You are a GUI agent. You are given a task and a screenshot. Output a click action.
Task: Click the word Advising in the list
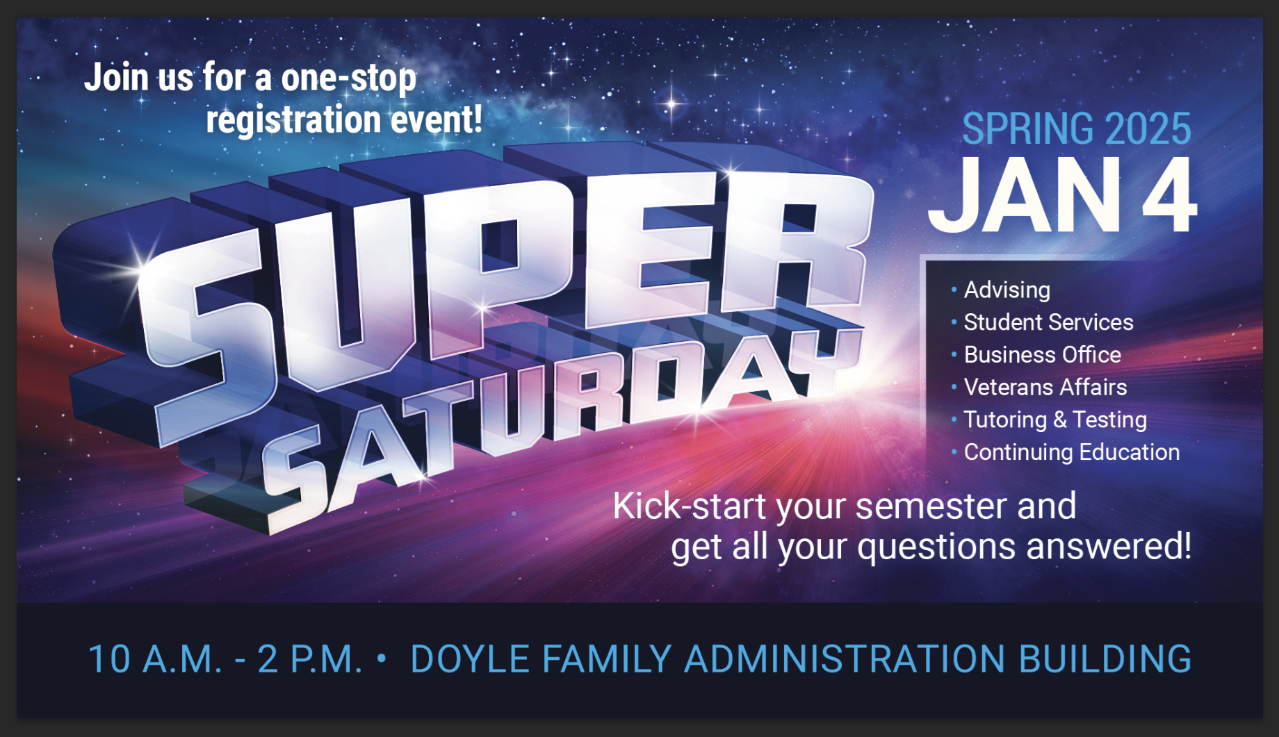tap(1007, 290)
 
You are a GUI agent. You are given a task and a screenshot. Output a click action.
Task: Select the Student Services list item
tap(1048, 322)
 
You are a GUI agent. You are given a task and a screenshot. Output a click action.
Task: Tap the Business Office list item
tap(1042, 355)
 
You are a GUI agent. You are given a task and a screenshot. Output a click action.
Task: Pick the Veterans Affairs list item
tap(1045, 387)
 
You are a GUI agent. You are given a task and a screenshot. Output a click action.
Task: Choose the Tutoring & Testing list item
tap(1055, 420)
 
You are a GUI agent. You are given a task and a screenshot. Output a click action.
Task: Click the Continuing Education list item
tap(1072, 452)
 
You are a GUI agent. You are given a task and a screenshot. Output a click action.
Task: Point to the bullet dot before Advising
tap(954, 289)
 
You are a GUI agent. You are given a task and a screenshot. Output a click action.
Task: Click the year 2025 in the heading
tap(1148, 129)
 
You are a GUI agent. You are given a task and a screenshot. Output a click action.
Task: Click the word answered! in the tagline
tap(1109, 546)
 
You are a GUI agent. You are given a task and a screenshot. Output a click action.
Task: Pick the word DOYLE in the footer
tap(470, 659)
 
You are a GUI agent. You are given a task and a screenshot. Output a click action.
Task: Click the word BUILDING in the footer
tap(1105, 659)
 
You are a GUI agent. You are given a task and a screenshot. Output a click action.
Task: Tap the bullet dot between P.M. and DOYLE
tap(381, 657)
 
